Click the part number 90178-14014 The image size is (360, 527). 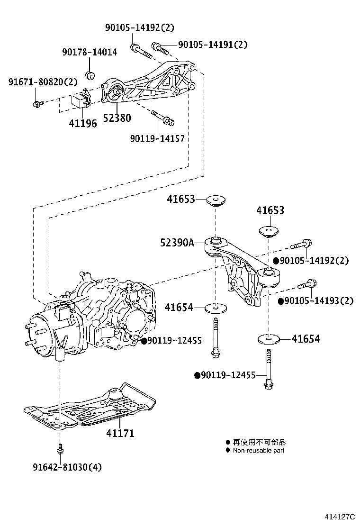(x=90, y=52)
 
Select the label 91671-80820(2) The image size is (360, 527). (x=43, y=82)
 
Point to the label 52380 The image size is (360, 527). (x=116, y=118)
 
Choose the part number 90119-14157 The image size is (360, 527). (x=157, y=138)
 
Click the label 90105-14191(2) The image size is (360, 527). (x=213, y=45)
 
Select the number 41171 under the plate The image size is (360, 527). (x=120, y=433)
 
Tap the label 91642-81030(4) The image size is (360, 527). (x=67, y=467)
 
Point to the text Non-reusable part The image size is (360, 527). (x=258, y=451)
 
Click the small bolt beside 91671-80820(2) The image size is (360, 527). (x=37, y=103)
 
